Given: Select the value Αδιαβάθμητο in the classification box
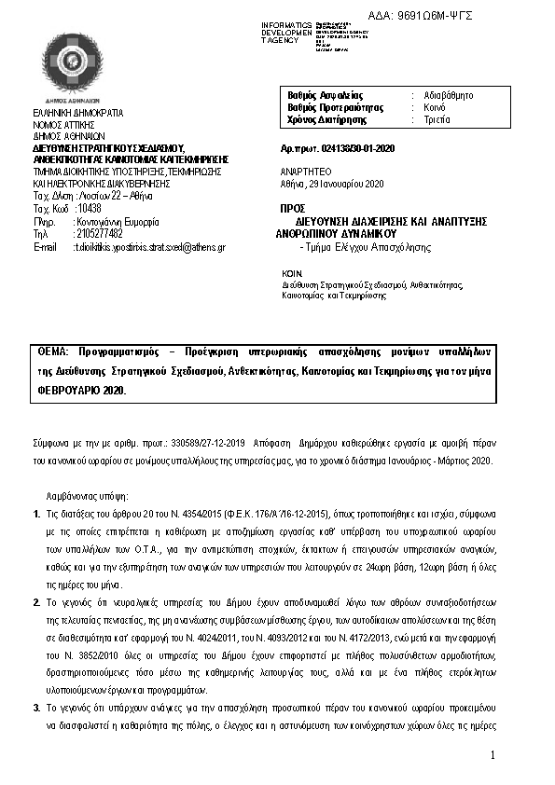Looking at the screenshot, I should [451, 95].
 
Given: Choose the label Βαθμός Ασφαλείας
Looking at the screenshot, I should [326, 95].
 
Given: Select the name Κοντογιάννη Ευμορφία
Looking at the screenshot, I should [117, 223].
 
